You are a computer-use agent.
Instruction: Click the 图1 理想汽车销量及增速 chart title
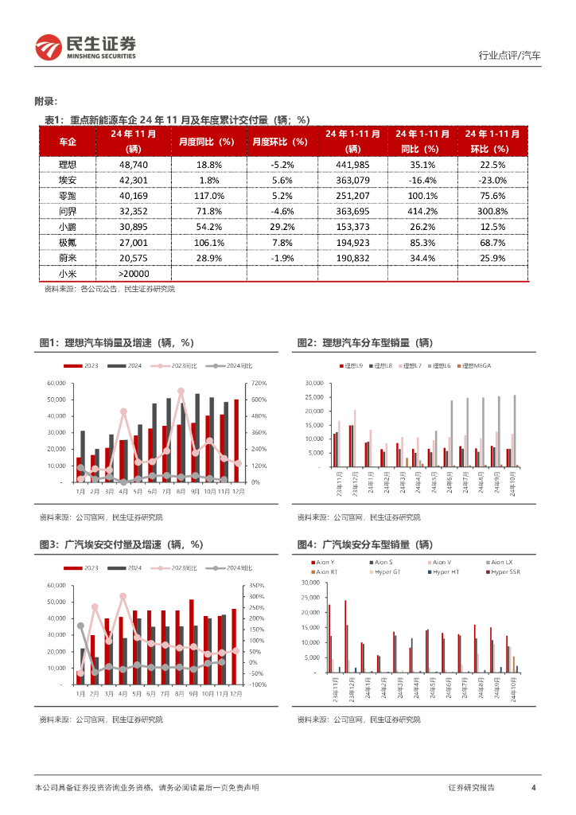point(117,342)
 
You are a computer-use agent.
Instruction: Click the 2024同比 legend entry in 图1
point(233,365)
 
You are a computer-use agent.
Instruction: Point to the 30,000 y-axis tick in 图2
point(313,383)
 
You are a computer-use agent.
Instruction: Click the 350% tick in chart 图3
point(259,585)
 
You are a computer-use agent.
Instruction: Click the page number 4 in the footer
point(533,787)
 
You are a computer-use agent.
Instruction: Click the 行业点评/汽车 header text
point(509,56)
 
